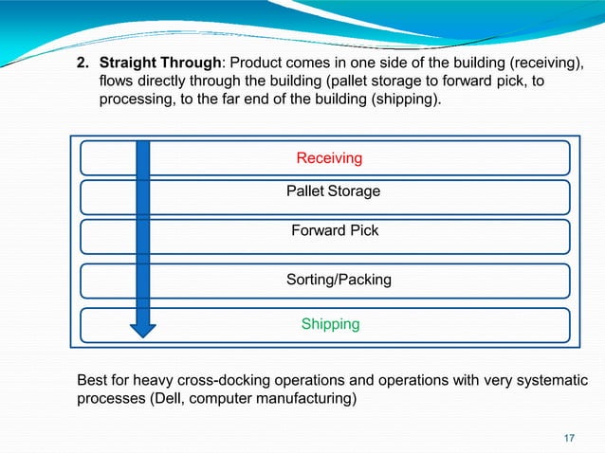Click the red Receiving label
(329, 157)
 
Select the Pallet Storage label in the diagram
(333, 191)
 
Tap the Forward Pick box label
(334, 230)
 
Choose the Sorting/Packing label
(339, 280)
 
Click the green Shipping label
(330, 324)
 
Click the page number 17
(569, 437)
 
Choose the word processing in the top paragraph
(134, 99)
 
